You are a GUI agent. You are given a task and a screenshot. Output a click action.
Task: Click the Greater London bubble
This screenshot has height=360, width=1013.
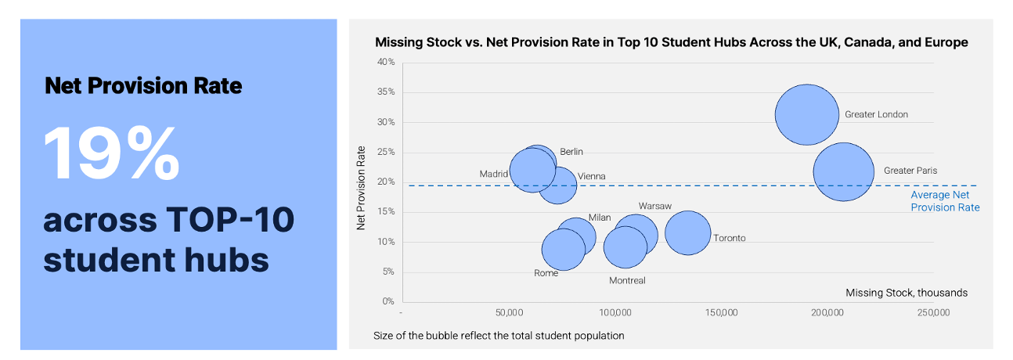(806, 114)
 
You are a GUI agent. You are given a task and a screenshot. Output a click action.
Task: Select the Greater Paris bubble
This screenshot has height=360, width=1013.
(843, 172)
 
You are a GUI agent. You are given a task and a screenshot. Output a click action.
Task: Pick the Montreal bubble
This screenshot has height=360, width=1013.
(625, 247)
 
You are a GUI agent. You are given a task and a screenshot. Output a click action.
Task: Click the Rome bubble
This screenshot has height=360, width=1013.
(564, 249)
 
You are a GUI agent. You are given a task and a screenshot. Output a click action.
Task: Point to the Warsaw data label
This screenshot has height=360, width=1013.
(654, 206)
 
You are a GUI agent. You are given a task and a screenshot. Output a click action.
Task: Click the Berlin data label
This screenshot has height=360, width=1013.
(571, 152)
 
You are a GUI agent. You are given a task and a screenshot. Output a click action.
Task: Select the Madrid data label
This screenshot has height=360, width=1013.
(494, 174)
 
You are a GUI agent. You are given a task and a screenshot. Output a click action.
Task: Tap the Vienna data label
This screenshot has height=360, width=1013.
(591, 177)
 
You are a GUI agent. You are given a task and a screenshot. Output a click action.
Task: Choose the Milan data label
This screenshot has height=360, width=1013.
(599, 218)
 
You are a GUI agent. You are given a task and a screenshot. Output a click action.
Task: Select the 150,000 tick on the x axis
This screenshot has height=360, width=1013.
(720, 313)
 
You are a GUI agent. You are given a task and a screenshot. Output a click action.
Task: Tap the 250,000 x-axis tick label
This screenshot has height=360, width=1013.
(933, 313)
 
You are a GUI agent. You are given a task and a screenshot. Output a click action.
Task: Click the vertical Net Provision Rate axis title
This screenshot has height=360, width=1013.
(361, 187)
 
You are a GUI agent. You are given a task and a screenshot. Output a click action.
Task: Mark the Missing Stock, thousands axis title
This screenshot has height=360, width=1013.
(906, 293)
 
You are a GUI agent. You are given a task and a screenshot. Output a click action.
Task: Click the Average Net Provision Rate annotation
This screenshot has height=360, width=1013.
(945, 201)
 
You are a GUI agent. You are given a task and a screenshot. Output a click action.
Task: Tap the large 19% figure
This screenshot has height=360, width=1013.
(112, 152)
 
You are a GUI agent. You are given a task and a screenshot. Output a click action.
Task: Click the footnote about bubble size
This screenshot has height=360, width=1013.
(499, 336)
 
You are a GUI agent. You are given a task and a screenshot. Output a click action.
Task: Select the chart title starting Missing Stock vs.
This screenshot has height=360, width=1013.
(671, 42)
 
